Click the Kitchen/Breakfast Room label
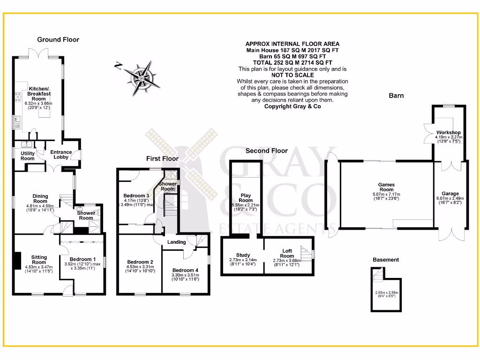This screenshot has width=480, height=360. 39,93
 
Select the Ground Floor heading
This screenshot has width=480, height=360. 58,40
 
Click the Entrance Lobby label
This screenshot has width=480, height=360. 61,155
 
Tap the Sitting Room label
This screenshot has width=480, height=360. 39,260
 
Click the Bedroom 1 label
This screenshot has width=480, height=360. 82,259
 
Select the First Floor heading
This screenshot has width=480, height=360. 162,159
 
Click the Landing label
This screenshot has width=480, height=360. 177,242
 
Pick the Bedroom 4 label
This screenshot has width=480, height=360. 185,270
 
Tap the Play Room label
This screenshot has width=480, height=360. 246,198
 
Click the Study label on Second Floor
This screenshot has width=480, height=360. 243,255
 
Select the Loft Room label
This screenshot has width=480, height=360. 287,254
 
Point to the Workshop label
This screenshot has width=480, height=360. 448,133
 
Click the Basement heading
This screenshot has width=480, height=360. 386,260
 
